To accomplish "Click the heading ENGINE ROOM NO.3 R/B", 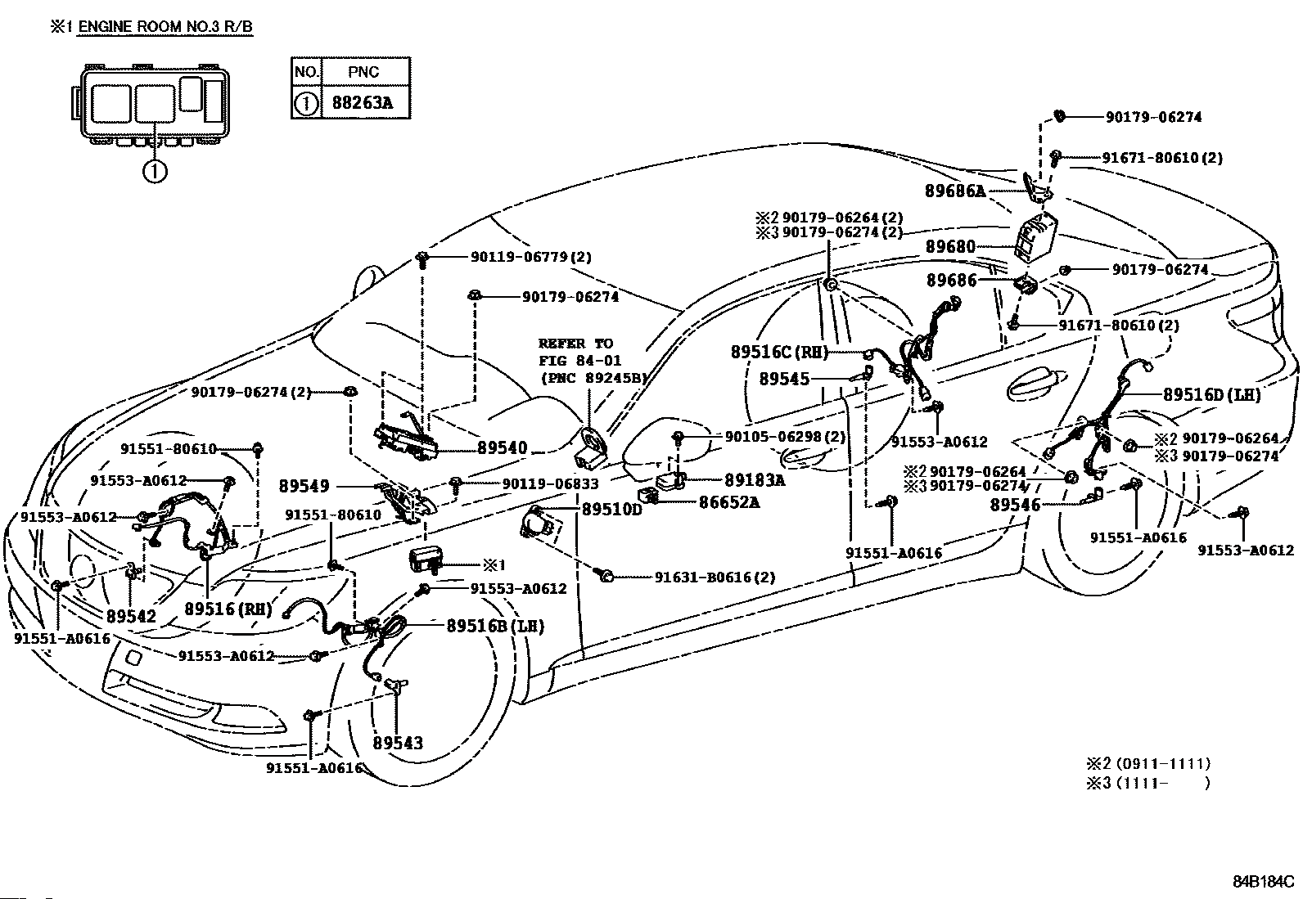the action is click(165, 27).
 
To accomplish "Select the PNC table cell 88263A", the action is click(363, 103).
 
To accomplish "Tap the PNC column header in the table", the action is click(363, 72).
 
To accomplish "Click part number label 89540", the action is click(503, 447).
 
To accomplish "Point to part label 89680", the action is click(950, 246).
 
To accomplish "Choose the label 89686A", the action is click(955, 191).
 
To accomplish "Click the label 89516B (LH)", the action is click(496, 626).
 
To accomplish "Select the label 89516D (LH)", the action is click(1212, 395).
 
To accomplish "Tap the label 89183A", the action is click(755, 479).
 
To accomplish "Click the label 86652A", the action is click(729, 501).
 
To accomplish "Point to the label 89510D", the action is click(612, 509).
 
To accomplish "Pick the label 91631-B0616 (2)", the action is click(715, 577).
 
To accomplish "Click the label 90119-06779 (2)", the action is click(531, 256).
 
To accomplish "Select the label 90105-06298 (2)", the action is click(785, 436).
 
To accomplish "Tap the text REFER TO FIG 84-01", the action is click(579, 352).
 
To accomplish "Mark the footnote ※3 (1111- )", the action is click(1148, 782).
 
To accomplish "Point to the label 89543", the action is click(398, 743).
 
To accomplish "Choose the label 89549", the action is click(304, 486).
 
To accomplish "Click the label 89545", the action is click(784, 379).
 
